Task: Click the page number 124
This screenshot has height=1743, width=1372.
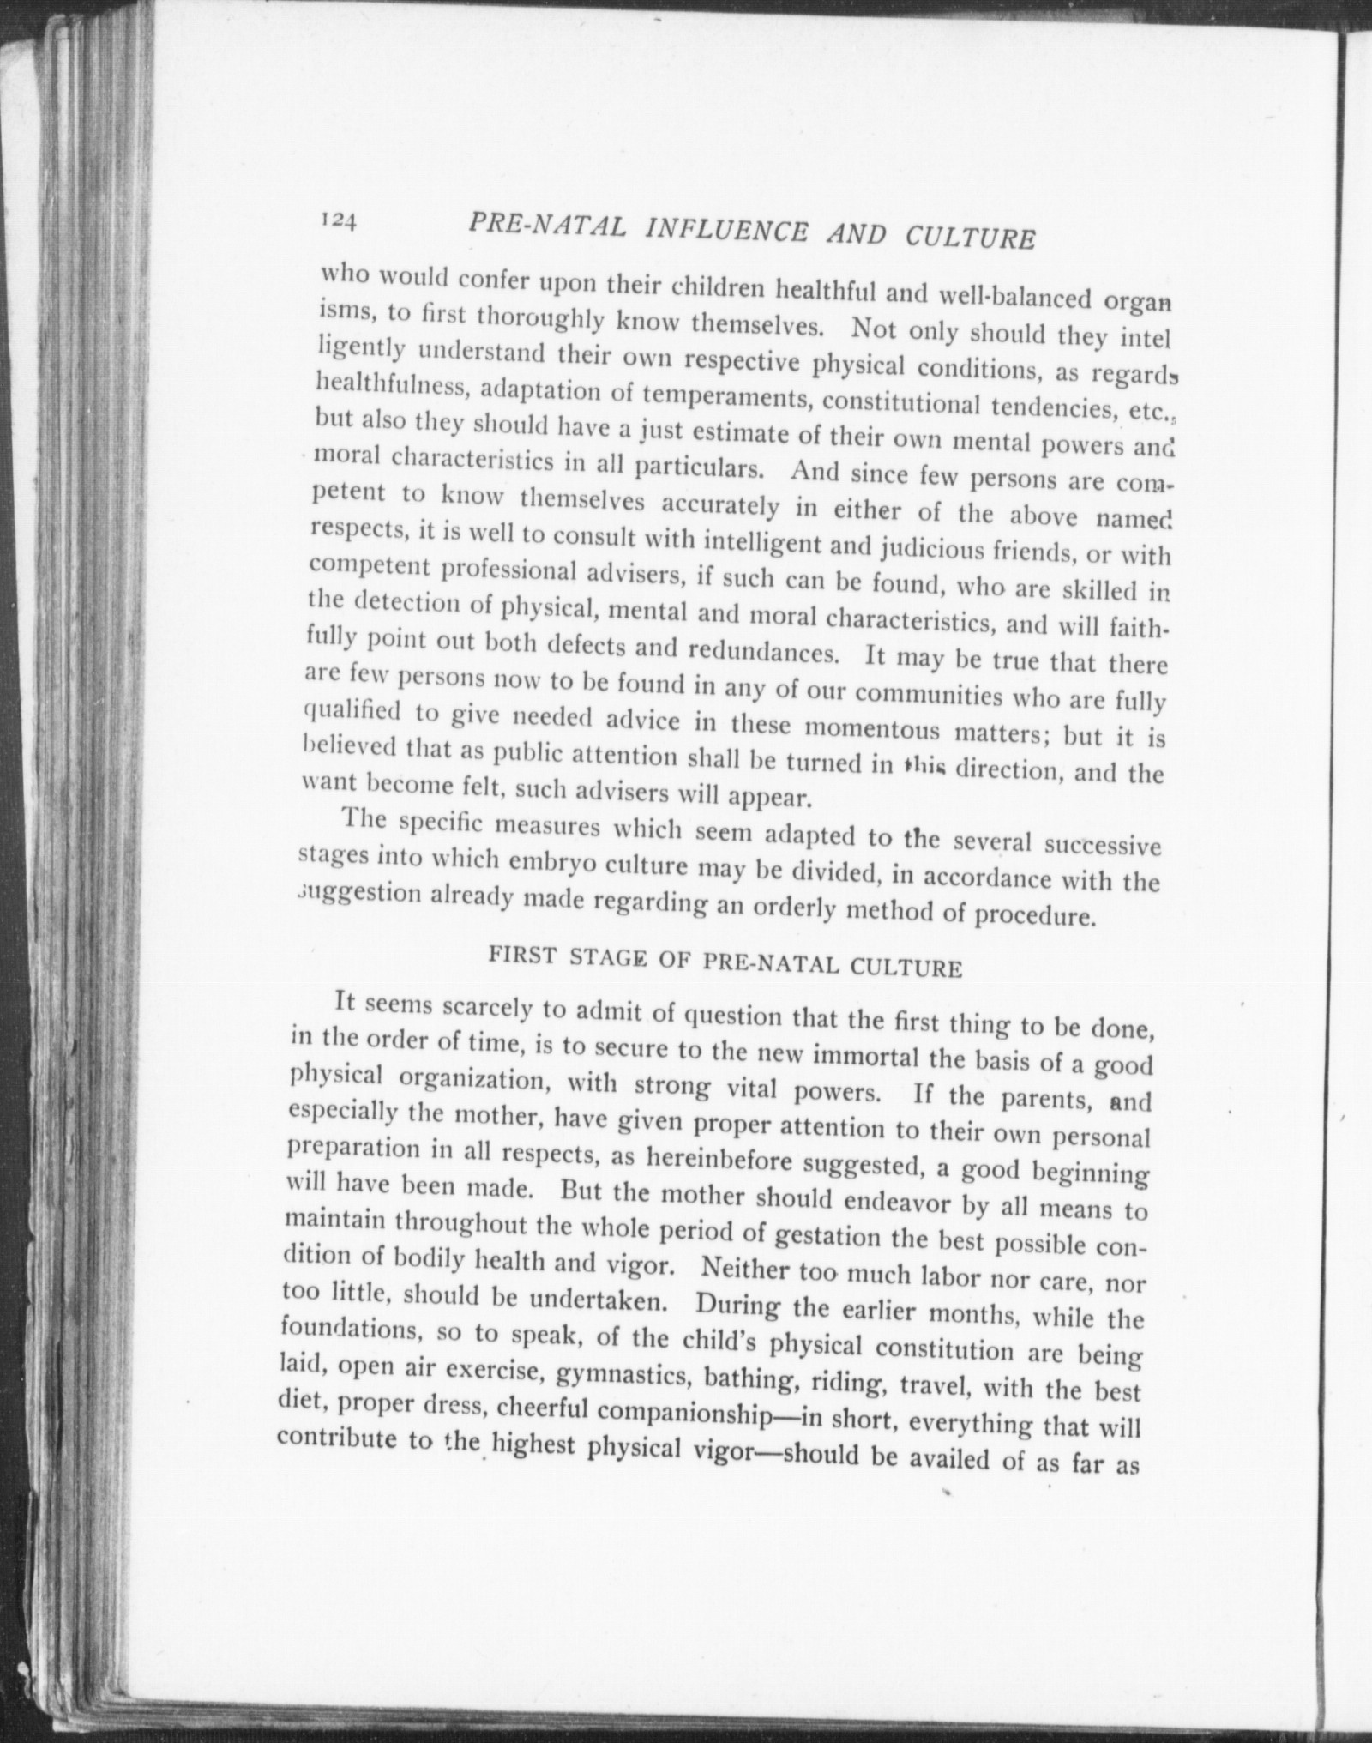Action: (337, 220)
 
